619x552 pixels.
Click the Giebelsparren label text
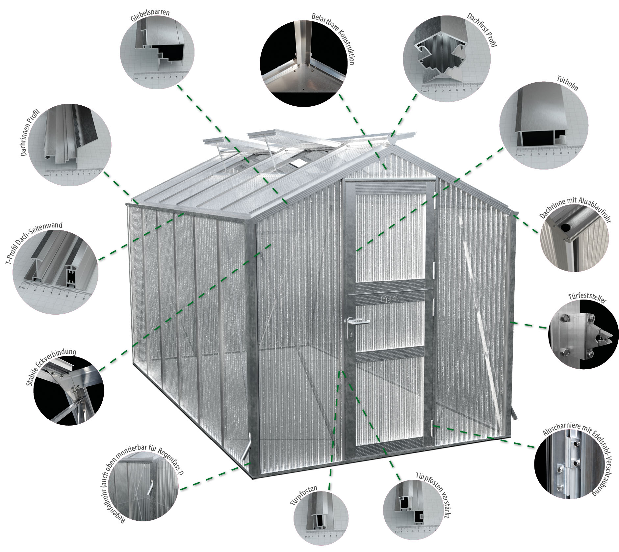(x=150, y=15)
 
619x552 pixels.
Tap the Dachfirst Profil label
(x=482, y=30)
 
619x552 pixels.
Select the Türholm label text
(x=567, y=83)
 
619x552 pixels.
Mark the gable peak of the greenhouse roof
(x=392, y=145)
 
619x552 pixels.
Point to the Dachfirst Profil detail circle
(x=447, y=58)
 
